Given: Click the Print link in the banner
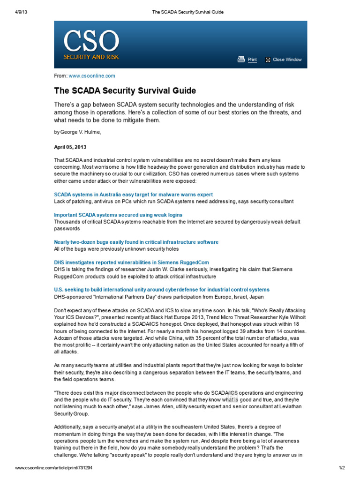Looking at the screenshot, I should [252, 60].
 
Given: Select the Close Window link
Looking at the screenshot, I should [287, 60].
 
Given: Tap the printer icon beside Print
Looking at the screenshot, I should [241, 59].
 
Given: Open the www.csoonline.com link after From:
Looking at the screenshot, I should [91, 75].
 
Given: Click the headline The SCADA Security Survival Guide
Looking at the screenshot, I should [125, 90].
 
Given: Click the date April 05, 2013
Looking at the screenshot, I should [70, 147].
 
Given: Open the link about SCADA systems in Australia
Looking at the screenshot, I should [133, 194].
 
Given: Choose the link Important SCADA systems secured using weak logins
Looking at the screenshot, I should [118, 215].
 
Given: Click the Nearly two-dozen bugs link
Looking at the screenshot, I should [136, 242].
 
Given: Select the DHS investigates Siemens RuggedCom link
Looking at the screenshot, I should [131, 262].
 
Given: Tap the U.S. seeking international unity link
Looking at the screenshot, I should [162, 290].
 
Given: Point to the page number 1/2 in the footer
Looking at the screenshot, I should [341, 468].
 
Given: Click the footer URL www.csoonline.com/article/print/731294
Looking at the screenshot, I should [53, 468].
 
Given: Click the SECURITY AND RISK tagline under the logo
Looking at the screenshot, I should [91, 57].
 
